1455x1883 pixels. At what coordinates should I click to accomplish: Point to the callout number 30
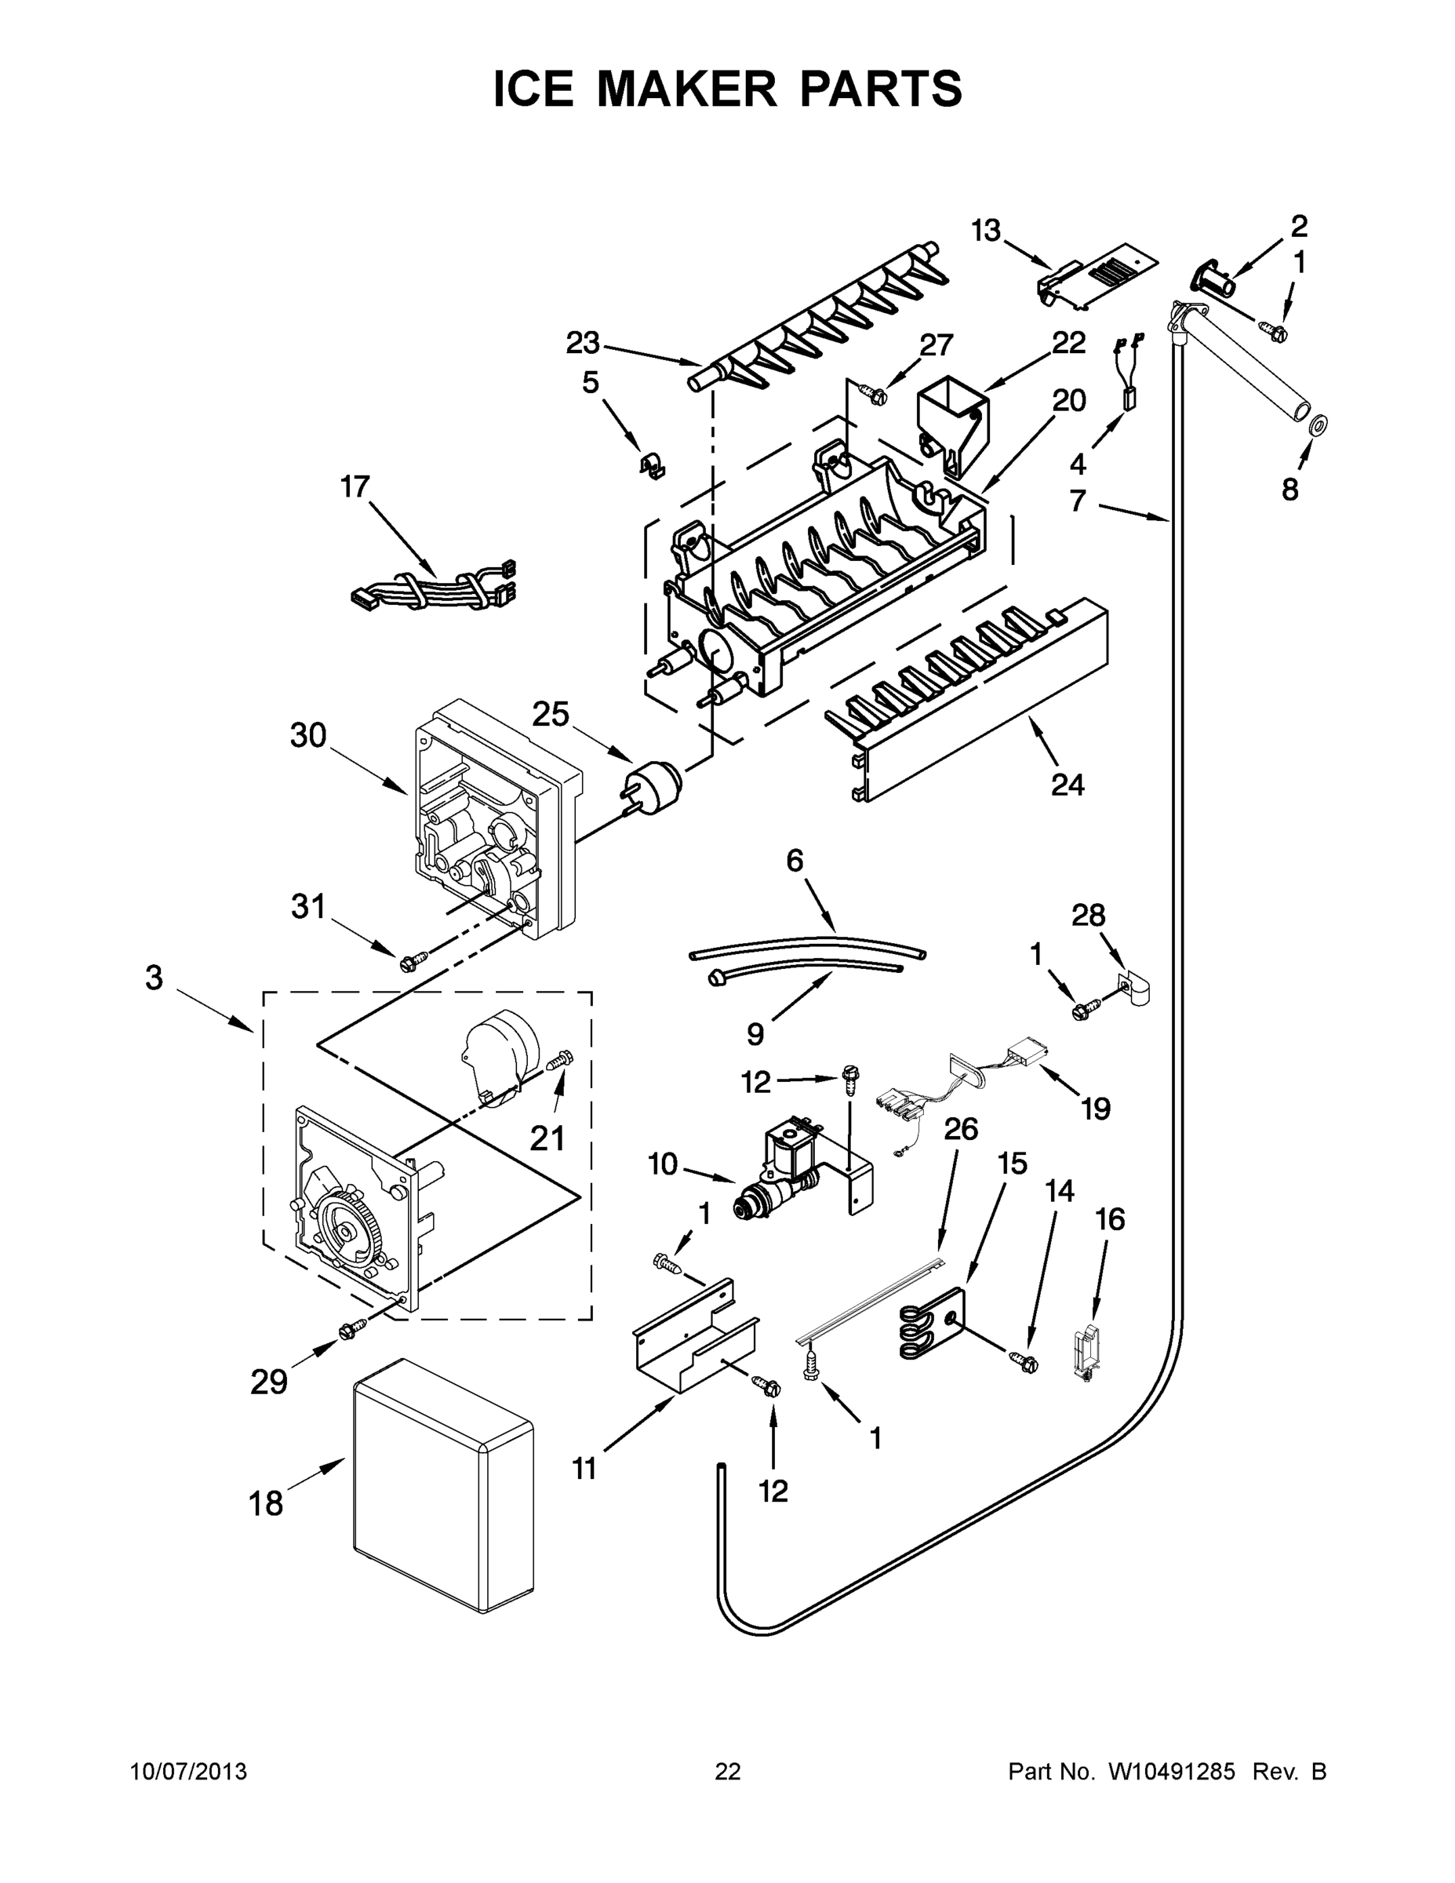pos(307,735)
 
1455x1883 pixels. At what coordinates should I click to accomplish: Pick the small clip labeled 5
pos(653,467)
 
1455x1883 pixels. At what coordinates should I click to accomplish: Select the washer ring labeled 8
pos(1317,425)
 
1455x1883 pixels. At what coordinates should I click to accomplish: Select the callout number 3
pos(154,978)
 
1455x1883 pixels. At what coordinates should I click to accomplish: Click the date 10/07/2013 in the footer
pos(188,1771)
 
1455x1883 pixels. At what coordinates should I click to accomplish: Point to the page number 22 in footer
pos(728,1771)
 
